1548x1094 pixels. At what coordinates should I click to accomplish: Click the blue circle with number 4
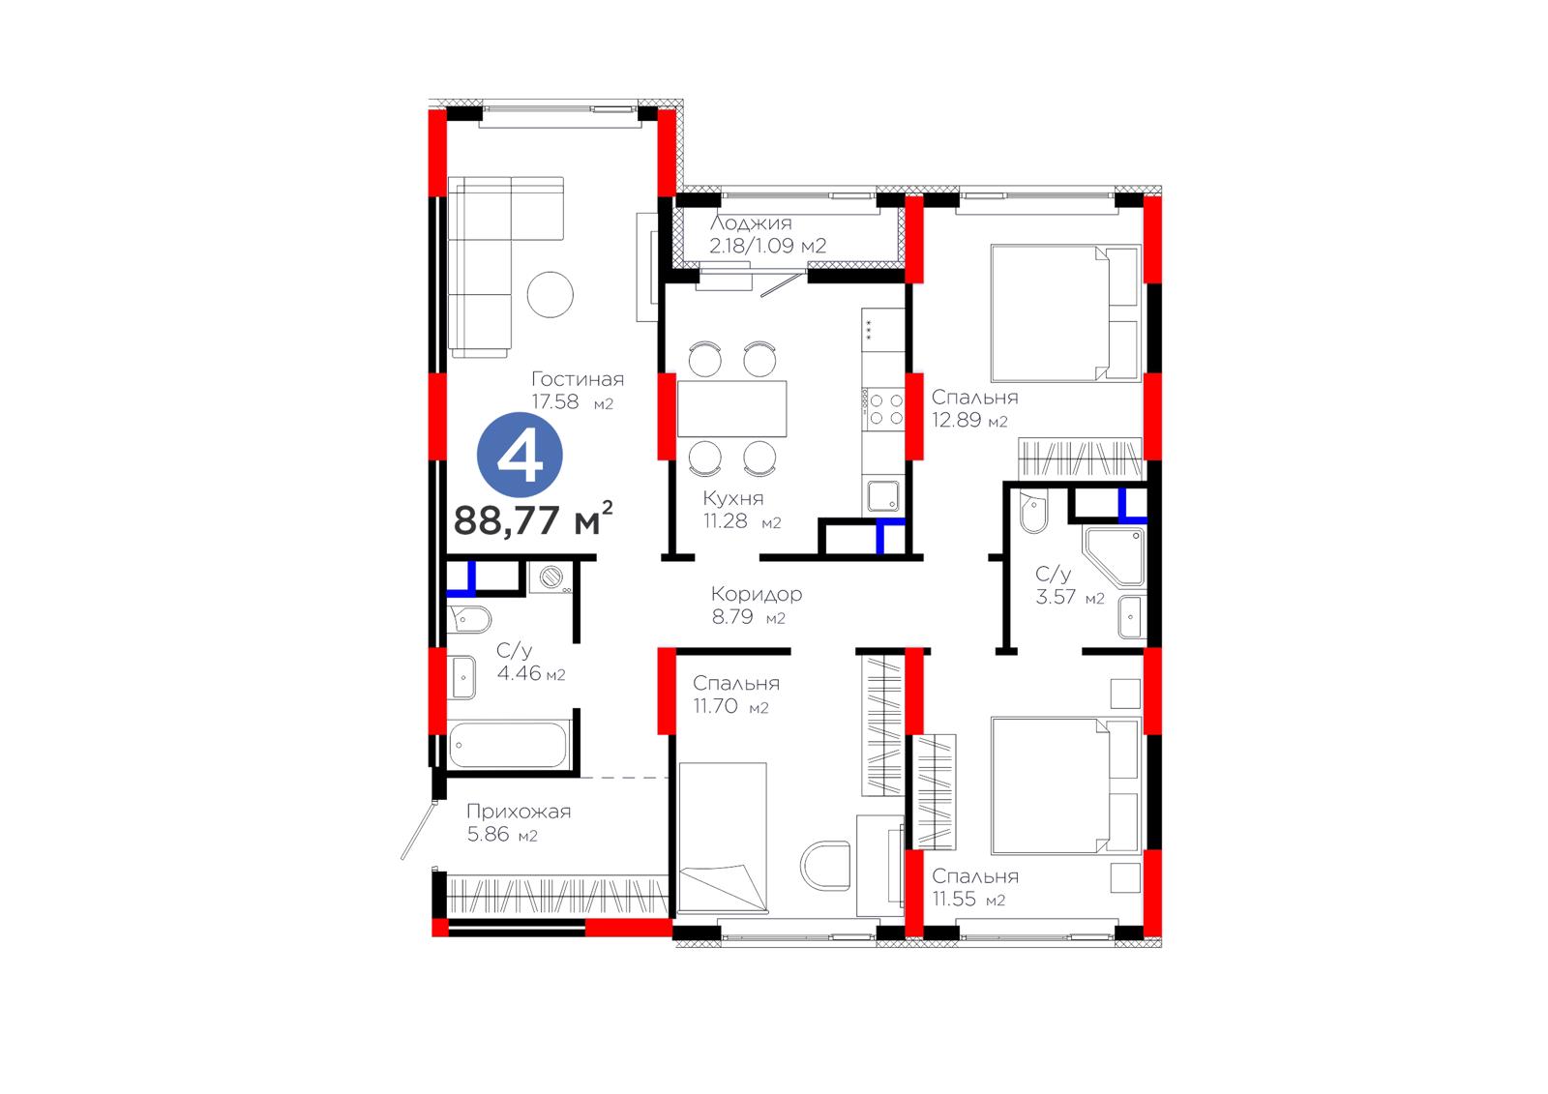coord(520,455)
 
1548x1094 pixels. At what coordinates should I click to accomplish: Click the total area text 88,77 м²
coord(533,518)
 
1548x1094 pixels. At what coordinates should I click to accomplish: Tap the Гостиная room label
coord(578,379)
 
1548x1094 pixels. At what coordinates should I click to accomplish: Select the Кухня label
coord(733,498)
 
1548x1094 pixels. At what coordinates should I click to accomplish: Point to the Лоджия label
coord(751,223)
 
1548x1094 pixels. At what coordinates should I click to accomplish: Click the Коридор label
coord(757,594)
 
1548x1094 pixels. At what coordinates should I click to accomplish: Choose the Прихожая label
coord(519,811)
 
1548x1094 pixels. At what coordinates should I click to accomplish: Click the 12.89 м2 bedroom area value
coord(969,420)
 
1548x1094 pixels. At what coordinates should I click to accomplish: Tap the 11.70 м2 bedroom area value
coord(730,706)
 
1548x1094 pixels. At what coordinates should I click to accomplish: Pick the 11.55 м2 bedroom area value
coord(968,900)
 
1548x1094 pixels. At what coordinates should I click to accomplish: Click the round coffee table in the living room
coord(551,294)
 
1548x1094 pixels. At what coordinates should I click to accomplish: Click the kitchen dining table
coord(731,408)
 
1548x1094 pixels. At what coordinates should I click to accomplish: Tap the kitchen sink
coord(884,496)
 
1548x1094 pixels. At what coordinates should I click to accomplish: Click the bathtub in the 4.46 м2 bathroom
coord(509,744)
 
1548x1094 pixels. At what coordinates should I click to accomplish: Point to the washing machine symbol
coord(551,577)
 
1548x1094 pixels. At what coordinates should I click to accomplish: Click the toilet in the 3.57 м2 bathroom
coord(1033,511)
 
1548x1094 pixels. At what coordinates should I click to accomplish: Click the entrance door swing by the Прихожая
coord(418,829)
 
